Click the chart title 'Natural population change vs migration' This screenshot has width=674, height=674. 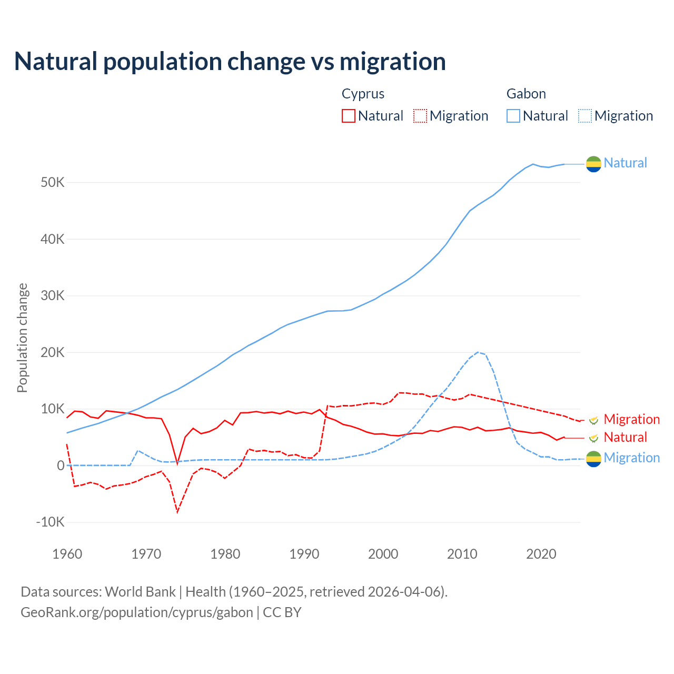[230, 62]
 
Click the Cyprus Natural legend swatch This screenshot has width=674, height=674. [348, 116]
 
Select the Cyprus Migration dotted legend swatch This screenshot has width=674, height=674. [420, 116]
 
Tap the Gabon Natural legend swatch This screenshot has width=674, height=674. [513, 116]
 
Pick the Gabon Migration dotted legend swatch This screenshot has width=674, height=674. [585, 116]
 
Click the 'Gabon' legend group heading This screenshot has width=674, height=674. [526, 94]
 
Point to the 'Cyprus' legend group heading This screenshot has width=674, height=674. [363, 94]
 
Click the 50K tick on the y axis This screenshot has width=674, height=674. [52, 183]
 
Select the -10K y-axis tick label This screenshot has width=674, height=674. [50, 522]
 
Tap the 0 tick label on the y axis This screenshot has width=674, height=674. [61, 465]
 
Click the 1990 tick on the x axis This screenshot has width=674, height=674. [304, 554]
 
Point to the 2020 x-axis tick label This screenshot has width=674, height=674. [541, 554]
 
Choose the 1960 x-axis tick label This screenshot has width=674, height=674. [67, 554]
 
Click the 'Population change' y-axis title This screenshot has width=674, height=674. [22, 338]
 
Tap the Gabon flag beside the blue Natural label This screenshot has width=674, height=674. [593, 164]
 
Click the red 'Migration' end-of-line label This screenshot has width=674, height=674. [631, 419]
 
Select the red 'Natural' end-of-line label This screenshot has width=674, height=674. [625, 437]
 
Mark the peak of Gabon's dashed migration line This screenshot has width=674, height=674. [478, 352]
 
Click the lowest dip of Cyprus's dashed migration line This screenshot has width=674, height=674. [177, 512]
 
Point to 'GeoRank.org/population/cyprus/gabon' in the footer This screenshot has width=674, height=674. [137, 612]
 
